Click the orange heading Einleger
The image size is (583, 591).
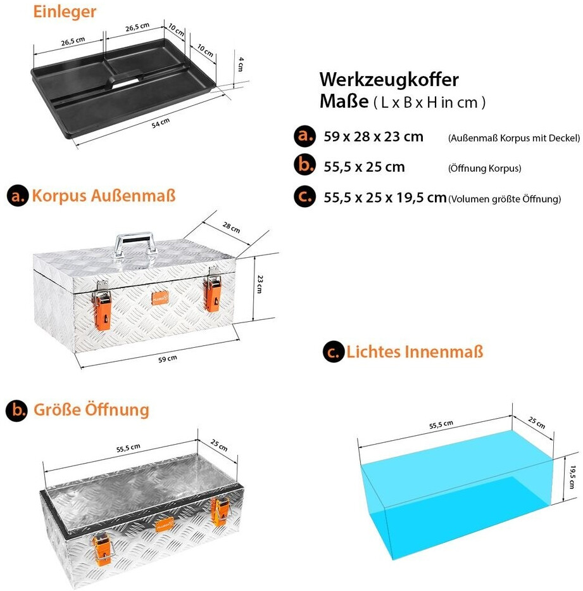coord(65,12)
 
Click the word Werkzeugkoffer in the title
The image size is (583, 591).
coord(389,80)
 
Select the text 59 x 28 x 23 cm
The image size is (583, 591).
coord(373,137)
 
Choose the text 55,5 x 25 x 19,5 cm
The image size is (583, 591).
coord(385,198)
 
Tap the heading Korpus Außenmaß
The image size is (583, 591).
coord(104,196)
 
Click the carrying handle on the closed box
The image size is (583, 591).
coord(135,243)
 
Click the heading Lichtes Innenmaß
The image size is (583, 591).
coord(415,352)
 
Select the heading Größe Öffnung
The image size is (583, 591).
coord(91,410)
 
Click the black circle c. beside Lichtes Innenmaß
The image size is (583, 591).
coord(332,352)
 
